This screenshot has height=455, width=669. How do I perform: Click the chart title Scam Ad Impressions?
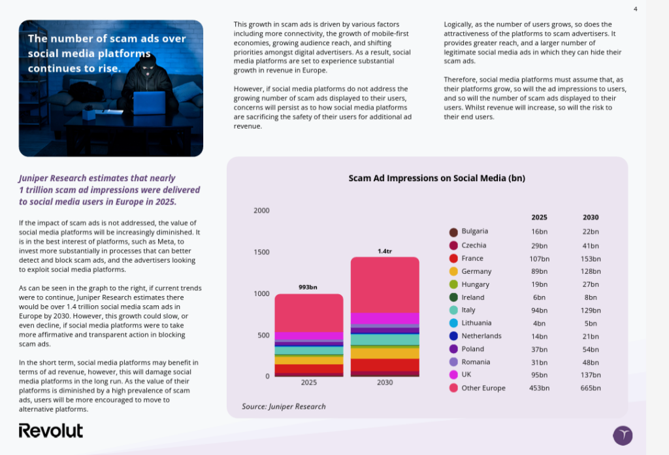point(436,178)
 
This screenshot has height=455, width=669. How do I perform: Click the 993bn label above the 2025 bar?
point(308,287)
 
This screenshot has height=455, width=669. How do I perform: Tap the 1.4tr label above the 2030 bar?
point(385,251)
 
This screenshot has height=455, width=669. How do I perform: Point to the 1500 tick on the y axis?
point(261,252)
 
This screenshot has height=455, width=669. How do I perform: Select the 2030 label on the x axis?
point(385,382)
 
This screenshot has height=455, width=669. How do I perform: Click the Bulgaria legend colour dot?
point(453,232)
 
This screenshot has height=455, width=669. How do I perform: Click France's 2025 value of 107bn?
point(540,258)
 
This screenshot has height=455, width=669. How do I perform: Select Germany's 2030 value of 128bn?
point(591,271)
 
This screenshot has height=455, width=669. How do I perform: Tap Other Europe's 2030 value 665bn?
point(591,388)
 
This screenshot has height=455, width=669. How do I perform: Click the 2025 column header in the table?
point(540,217)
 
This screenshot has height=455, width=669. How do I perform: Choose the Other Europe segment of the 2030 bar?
point(385,284)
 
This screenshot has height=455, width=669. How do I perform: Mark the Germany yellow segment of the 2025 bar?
point(308,360)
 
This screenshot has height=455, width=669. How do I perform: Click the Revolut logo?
point(51,431)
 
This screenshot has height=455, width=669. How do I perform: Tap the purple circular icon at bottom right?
point(623,435)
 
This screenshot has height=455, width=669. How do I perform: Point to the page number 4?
point(636,9)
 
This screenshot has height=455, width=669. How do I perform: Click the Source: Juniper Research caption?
point(284,406)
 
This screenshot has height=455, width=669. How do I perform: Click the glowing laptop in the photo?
point(149,103)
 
